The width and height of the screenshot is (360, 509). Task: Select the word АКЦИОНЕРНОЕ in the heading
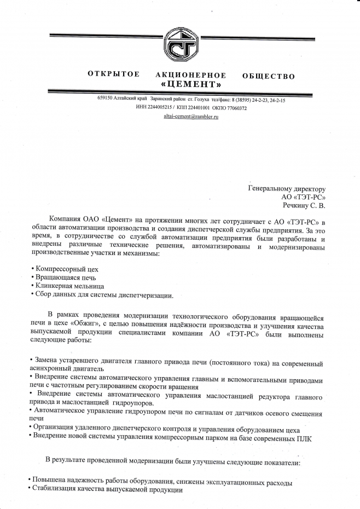191,75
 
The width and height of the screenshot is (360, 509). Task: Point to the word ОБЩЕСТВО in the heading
268,76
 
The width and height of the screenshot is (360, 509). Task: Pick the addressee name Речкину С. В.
304,205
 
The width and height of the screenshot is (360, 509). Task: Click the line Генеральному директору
287,189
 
